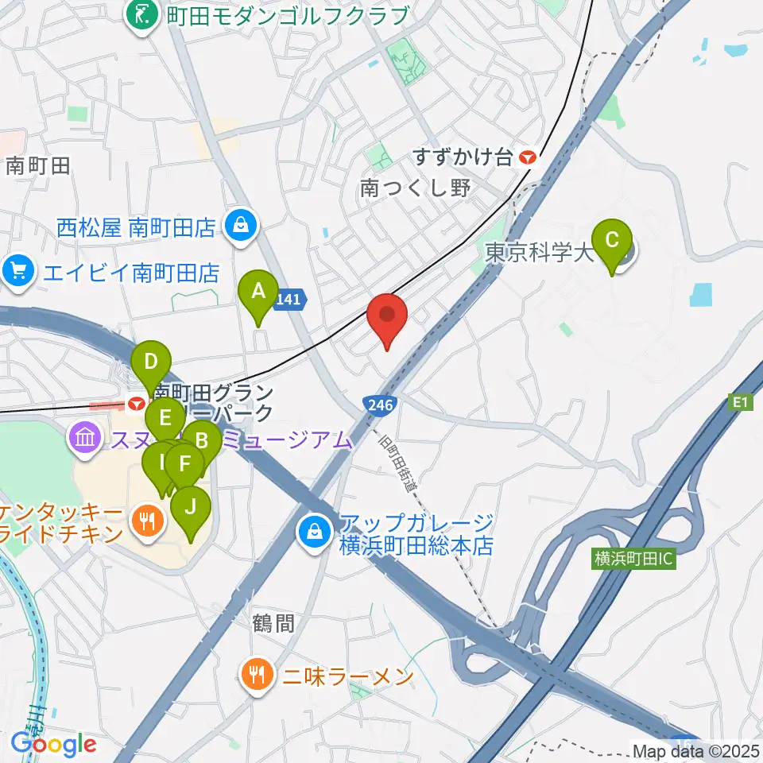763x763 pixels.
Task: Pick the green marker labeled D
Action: pos(152,366)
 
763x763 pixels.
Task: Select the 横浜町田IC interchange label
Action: pos(633,559)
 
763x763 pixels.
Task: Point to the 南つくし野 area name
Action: pos(416,188)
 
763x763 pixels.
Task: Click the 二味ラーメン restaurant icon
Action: pos(255,676)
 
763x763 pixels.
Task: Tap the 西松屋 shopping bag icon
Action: pos(239,227)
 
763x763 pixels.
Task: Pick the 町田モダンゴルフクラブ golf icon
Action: pos(143,14)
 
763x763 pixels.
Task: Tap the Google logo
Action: pos(53,745)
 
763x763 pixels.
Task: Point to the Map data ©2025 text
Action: pos(695,750)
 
